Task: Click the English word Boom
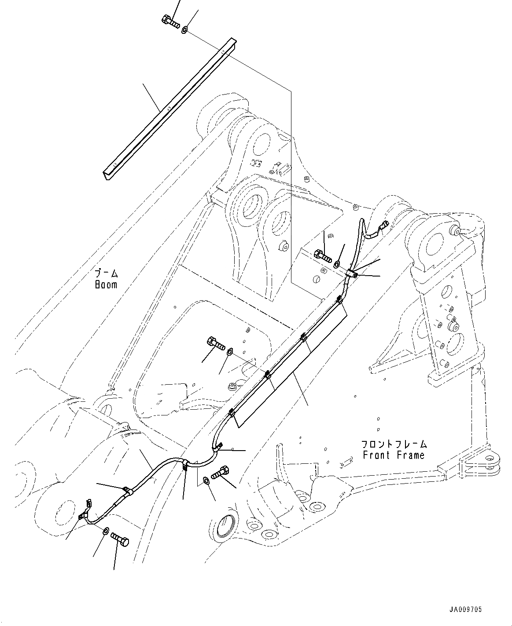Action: [106, 284]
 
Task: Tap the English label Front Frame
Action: [394, 455]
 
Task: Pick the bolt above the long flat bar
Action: [169, 21]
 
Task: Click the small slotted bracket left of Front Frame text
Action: [346, 462]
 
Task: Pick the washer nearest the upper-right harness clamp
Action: [336, 264]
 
